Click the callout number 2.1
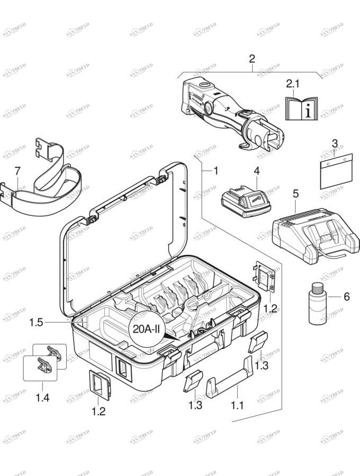(293, 83)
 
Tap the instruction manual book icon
(301, 108)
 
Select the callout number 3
(335, 143)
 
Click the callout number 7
(17, 171)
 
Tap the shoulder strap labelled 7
(48, 180)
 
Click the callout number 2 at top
(252, 58)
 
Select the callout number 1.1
(238, 406)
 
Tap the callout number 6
(347, 297)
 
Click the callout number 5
(296, 194)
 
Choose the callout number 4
(256, 171)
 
